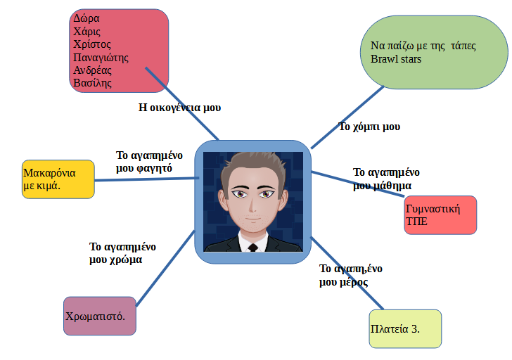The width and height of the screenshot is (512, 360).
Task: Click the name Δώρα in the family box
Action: click(86, 18)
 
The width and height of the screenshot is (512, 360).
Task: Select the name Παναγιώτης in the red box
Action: click(101, 57)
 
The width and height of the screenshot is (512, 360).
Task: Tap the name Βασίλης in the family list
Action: click(92, 83)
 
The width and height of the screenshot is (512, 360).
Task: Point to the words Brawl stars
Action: click(396, 59)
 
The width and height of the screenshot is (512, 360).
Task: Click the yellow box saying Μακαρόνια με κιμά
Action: click(58, 179)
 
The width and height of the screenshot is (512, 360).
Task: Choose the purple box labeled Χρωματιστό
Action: click(100, 316)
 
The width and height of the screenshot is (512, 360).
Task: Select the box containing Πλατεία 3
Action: click(405, 329)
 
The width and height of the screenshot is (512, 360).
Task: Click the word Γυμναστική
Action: click(433, 209)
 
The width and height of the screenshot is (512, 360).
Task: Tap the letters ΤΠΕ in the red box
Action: click(417, 221)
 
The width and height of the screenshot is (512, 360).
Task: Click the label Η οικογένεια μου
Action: click(180, 108)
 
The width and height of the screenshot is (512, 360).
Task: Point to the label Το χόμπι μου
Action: click(369, 127)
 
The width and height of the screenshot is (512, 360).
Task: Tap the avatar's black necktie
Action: click(253, 248)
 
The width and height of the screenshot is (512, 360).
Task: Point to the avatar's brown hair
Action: click(253, 163)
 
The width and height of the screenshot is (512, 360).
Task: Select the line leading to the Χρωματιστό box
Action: click(165, 268)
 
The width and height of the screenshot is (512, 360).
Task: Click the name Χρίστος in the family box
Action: click(92, 44)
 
